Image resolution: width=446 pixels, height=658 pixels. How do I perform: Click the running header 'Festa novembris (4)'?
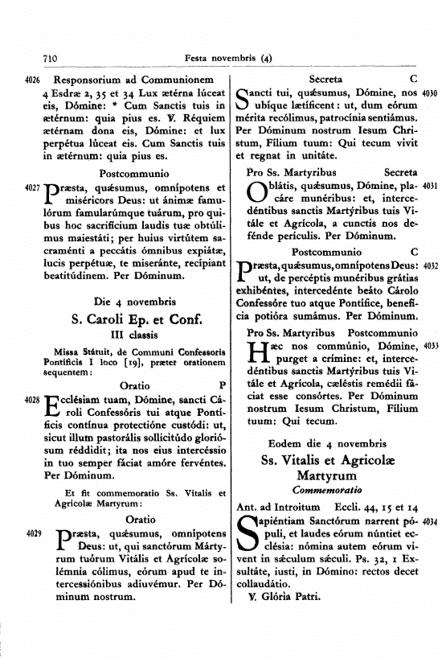tap(228, 57)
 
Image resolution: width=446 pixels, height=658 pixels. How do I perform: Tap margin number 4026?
tap(33, 80)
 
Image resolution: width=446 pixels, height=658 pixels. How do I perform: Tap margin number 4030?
tap(428, 93)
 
